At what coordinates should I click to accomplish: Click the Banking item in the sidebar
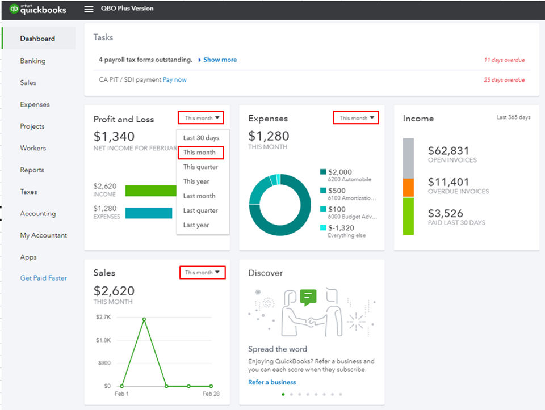32,61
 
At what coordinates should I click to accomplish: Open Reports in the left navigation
32,170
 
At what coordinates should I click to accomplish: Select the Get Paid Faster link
43,278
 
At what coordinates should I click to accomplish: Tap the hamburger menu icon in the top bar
89,9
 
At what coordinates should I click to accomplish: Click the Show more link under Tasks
220,60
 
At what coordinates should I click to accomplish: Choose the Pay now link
175,80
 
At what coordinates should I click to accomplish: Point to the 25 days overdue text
504,80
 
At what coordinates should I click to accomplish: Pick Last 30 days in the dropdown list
201,138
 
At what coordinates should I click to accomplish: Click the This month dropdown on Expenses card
355,118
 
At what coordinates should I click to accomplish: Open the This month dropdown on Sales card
201,273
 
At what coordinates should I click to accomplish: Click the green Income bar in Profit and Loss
150,191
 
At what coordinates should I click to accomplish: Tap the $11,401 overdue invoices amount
448,182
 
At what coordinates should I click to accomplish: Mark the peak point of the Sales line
144,319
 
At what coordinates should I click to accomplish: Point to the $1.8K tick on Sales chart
103,340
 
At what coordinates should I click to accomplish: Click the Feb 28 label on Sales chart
211,394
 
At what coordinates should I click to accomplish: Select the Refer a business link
272,382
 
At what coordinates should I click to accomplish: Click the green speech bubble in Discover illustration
308,297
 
